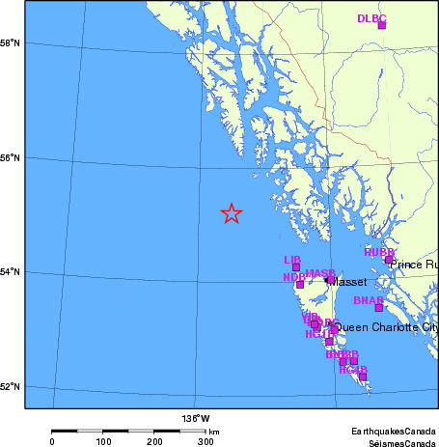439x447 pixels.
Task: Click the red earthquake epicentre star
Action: [232, 213]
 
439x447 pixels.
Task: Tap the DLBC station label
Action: [370, 18]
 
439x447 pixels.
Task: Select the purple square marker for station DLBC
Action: [382, 25]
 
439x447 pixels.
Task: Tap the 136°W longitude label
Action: [195, 418]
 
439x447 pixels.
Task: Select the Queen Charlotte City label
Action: [385, 327]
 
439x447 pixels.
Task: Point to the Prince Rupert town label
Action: [414, 264]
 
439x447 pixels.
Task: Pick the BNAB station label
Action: [368, 301]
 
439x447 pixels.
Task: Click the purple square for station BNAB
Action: [379, 308]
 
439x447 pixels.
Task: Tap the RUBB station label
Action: [378, 253]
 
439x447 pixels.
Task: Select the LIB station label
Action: [292, 260]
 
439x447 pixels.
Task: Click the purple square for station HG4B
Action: [363, 377]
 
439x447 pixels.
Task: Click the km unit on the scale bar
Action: [213, 431]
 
